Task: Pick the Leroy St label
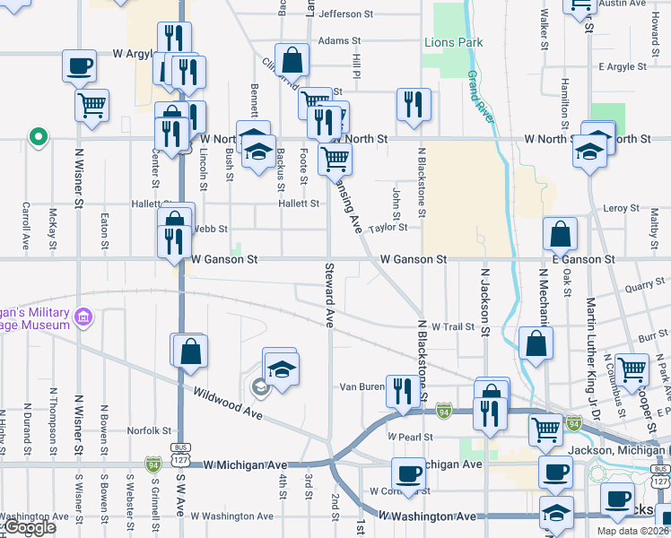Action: [x=621, y=208]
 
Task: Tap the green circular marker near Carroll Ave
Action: [x=38, y=138]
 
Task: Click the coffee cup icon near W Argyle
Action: [x=80, y=65]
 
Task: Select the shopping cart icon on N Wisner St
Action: [x=92, y=105]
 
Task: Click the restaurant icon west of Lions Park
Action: [x=414, y=104]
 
